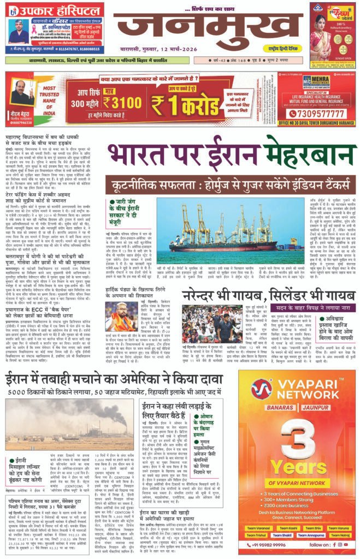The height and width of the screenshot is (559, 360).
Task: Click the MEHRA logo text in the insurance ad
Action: coord(320,79)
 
